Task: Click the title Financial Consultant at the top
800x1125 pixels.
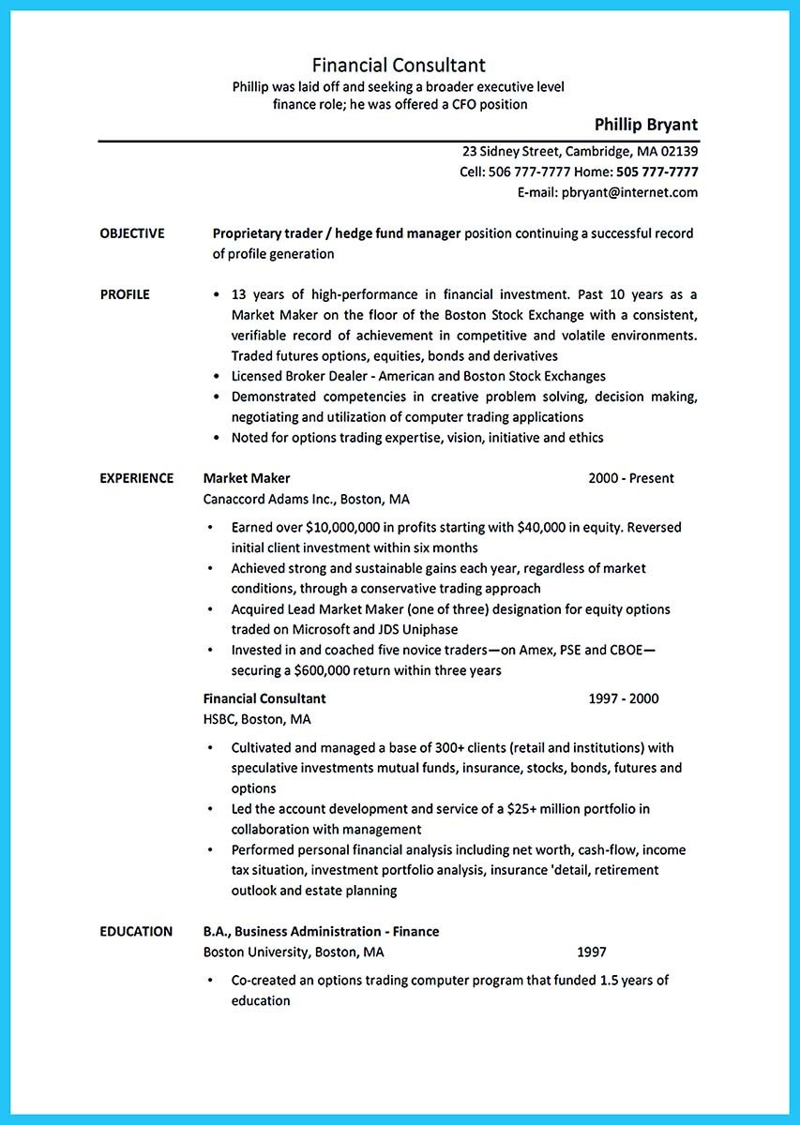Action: (x=399, y=65)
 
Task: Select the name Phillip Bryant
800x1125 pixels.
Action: (x=645, y=125)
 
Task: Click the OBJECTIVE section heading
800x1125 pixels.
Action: (x=132, y=233)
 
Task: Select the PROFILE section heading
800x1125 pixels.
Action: (x=125, y=294)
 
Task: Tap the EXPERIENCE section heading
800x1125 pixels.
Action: (x=137, y=478)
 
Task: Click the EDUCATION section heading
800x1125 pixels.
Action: (x=136, y=931)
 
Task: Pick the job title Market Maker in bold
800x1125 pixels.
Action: (x=247, y=478)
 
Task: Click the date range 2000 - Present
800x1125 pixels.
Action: (x=630, y=478)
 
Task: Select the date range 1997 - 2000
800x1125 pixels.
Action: (x=623, y=698)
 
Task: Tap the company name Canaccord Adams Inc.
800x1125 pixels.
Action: (x=268, y=499)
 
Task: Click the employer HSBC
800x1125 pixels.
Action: (x=219, y=719)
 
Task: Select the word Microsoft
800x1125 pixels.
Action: (x=331, y=630)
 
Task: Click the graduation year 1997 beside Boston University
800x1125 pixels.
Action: (x=591, y=952)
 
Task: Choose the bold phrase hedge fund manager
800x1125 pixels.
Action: (x=404, y=233)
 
